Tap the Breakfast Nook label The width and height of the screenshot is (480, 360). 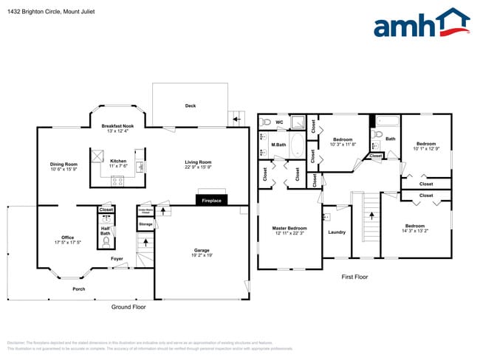tap(117, 127)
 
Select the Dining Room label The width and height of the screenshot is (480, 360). tap(64, 165)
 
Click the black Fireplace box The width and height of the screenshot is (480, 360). tap(213, 200)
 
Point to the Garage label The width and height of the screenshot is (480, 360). tap(202, 251)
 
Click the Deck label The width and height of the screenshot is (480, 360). tap(190, 106)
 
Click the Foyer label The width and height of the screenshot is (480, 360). tap(117, 259)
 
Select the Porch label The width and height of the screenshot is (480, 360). tap(78, 288)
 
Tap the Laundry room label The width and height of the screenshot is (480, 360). tap(336, 232)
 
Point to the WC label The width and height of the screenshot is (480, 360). tap(279, 122)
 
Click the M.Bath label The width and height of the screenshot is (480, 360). tap(278, 145)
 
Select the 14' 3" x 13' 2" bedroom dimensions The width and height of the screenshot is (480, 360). tap(414, 231)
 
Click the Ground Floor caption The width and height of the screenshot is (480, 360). tap(128, 307)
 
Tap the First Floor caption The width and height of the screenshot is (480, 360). tap(354, 277)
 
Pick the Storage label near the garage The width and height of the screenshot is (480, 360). tap(145, 224)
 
